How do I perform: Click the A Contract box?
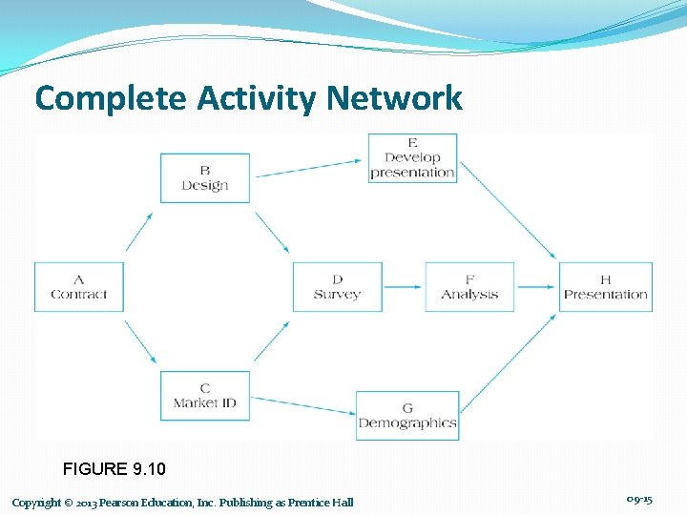79,286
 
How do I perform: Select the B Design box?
204,177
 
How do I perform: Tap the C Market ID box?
204,395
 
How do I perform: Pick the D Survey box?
337,286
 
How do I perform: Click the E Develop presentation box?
412,157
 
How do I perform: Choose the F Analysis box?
469,286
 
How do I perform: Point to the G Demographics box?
407,416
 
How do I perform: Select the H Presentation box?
605,286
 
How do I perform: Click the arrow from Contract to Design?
139,232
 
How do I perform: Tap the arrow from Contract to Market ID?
139,341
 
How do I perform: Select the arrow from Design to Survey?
272,232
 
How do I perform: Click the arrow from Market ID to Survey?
272,340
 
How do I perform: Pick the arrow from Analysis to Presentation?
536,286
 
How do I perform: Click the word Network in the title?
394,97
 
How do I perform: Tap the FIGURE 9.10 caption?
114,468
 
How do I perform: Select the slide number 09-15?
639,500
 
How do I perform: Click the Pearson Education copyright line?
182,503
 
